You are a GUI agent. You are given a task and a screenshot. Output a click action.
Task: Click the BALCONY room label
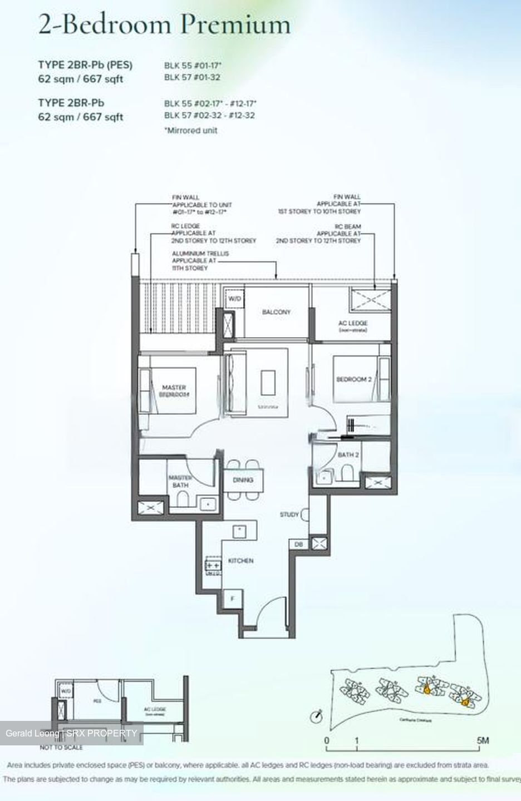click(x=276, y=312)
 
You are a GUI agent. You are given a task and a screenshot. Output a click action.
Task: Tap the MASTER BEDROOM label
click(x=174, y=390)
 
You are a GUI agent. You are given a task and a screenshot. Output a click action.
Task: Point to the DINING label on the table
click(x=243, y=479)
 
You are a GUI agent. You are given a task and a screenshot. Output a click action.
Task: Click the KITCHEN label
click(x=240, y=561)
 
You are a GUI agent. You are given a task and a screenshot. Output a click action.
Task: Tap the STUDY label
click(x=289, y=515)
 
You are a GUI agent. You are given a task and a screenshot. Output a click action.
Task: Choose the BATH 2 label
click(x=348, y=455)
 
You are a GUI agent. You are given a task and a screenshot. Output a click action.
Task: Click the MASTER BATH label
click(x=180, y=481)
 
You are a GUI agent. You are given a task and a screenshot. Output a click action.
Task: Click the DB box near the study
click(x=298, y=545)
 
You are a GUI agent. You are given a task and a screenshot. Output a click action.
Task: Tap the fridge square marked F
click(x=232, y=599)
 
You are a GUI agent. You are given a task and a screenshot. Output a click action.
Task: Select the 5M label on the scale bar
click(x=482, y=740)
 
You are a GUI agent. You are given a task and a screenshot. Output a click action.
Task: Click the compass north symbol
click(x=318, y=714)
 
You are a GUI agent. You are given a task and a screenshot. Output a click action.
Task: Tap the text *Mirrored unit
click(x=191, y=130)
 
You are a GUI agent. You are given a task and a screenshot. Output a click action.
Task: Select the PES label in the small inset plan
click(x=97, y=702)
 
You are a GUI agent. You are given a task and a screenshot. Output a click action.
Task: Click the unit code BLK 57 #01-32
click(x=192, y=77)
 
